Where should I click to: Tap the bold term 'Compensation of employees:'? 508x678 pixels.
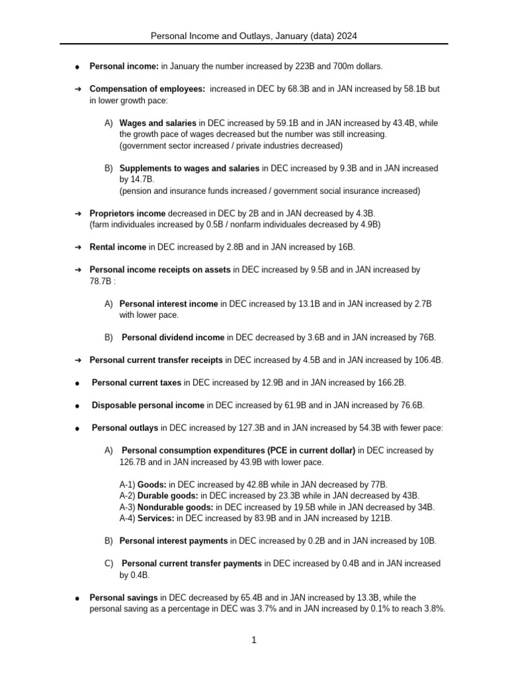(148, 89)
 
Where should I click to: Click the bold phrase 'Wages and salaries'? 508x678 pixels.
(157, 123)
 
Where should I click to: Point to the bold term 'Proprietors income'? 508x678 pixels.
(128, 213)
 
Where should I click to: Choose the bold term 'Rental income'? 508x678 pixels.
(118, 247)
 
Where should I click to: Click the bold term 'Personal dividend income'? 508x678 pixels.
(173, 338)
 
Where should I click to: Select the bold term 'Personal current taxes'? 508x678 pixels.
(136, 383)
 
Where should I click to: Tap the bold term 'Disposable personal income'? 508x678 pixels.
(148, 405)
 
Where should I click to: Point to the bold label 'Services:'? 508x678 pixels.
(156, 518)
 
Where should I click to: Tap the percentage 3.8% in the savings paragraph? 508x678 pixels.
(433, 608)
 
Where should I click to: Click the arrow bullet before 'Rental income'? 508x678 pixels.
(77, 247)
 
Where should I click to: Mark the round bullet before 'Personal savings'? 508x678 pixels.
(77, 598)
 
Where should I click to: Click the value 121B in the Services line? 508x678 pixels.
(380, 518)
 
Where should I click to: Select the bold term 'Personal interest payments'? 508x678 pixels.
(173, 541)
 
